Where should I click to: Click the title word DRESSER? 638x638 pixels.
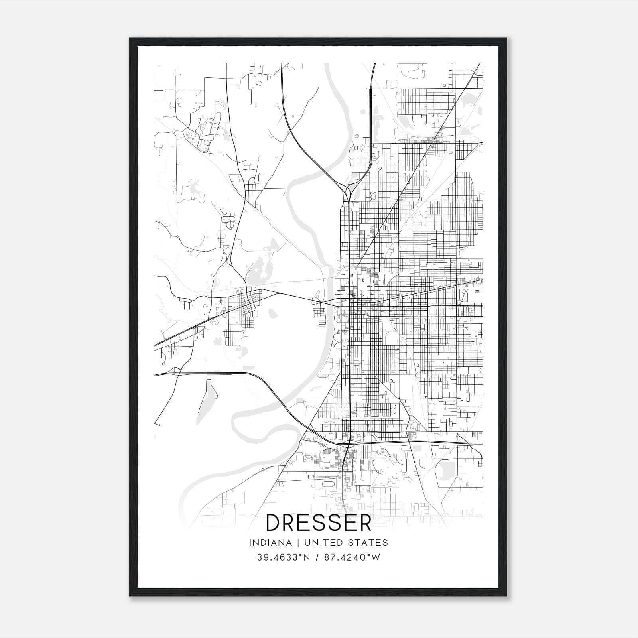point(319,523)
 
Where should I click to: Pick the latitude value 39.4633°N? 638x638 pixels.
point(284,557)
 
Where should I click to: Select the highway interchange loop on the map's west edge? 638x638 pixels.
point(175,372)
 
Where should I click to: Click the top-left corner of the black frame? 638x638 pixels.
point(130,39)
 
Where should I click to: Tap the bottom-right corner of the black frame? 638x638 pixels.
point(506,596)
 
